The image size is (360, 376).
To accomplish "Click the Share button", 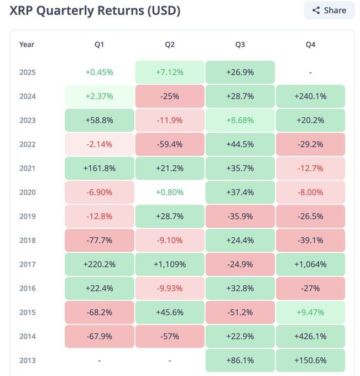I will coord(329,11).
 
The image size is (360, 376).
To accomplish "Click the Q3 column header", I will coord(240,44).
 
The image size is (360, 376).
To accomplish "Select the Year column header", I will coord(27,44).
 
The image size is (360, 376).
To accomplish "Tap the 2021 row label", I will coord(27,168).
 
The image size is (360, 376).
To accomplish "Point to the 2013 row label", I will coord(27,361).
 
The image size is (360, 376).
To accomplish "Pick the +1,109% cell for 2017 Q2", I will coord(170,264).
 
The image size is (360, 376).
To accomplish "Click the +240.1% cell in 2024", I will coord(310,96).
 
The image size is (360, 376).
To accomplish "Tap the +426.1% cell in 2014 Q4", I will coord(310,336).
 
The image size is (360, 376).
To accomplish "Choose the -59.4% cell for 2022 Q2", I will coord(170,144).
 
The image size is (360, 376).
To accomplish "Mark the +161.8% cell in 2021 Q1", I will coord(100,168).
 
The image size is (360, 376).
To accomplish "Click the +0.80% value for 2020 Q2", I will coord(170,192).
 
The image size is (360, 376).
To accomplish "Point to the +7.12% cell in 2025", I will coord(170,72).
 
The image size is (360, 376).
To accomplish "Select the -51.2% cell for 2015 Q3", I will coord(240,312).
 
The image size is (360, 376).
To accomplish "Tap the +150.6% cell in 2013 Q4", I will coord(310,361).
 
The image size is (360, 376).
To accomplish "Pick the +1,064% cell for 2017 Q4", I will coord(310,264).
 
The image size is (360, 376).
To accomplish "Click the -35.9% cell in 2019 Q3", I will coord(240,216).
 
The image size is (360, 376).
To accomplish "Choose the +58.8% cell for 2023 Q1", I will coord(100,120).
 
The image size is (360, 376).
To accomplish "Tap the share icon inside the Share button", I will coord(316,11).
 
